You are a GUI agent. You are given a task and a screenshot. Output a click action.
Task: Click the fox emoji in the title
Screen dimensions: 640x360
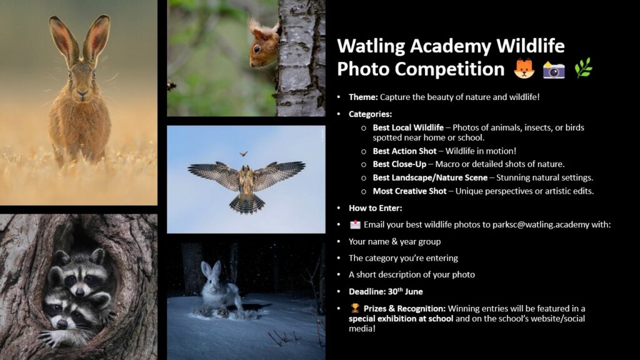[x=524, y=68]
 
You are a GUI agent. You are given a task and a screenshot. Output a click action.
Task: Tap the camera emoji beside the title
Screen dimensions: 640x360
[x=554, y=70]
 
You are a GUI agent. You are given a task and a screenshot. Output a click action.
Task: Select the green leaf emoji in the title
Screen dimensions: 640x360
[x=583, y=67]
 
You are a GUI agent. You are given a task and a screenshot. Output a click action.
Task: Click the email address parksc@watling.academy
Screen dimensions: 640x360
[x=541, y=224]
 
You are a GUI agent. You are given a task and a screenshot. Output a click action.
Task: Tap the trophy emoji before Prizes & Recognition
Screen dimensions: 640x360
[x=355, y=308]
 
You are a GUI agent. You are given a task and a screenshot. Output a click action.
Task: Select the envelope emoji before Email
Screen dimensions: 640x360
[x=355, y=224]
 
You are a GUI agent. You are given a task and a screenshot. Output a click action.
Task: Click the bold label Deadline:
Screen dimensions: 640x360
[x=367, y=291]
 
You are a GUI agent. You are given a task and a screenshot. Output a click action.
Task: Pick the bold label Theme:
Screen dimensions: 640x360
[x=363, y=97]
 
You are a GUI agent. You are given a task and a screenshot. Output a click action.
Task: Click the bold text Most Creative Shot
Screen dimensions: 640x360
[x=409, y=191]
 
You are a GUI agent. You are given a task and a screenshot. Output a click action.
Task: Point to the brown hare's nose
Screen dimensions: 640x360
[x=82, y=94]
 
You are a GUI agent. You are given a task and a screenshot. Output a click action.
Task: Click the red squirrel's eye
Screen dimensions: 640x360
[x=256, y=49]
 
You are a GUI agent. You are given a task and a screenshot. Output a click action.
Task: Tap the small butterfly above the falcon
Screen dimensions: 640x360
[x=244, y=154]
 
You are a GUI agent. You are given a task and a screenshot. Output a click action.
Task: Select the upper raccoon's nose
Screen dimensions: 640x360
[x=80, y=292]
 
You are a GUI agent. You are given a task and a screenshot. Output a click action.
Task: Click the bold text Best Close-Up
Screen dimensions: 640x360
[x=399, y=164]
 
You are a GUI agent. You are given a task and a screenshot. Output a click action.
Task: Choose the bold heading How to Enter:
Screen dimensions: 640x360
[x=375, y=208]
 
